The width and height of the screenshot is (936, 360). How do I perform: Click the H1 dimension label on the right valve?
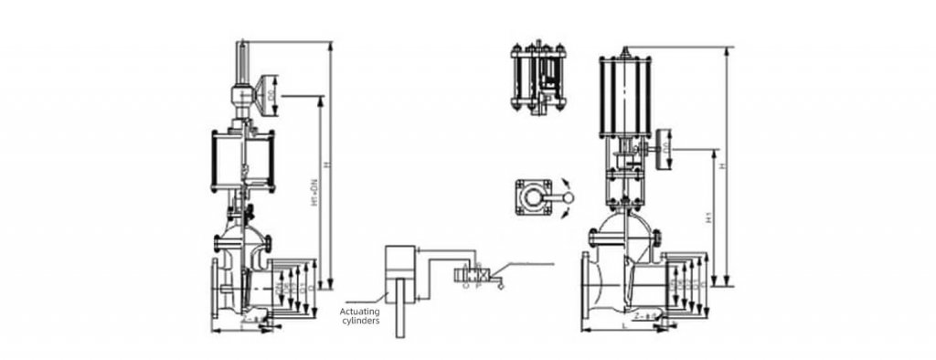pos(711,219)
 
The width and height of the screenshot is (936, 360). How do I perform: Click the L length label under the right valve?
pos(621,324)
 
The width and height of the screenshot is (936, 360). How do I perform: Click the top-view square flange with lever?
pos(534,198)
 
